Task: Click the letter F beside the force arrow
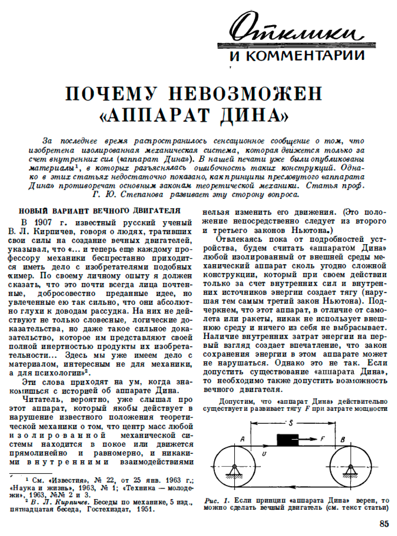click(x=323, y=439)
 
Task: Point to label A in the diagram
click(x=243, y=439)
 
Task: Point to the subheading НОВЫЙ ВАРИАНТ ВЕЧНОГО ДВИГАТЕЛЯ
click(x=100, y=211)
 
